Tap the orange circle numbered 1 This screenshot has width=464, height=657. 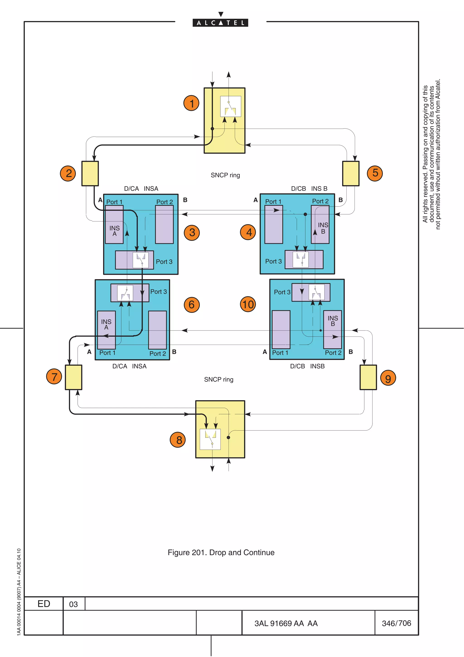pos(191,103)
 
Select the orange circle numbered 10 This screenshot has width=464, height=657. pos(248,304)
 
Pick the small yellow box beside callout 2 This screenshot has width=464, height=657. pos(90,173)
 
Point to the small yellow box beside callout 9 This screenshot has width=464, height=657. pos(368,377)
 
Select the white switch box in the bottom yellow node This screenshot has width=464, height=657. pos(210,439)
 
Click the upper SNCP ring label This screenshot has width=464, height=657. pos(225,175)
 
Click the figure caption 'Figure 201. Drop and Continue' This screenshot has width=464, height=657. pos(221,552)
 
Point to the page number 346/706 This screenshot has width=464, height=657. pos(396,623)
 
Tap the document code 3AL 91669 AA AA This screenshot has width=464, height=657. pos(286,623)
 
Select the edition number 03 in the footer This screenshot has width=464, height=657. pos(73,604)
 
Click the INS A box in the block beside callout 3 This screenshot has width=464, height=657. pos(114,225)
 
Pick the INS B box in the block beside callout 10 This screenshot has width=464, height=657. pos(333,329)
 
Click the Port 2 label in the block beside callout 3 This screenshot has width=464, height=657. pos(164,202)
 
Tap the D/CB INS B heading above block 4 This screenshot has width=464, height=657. pos(309,189)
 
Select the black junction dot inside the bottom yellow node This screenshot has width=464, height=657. pos(228,438)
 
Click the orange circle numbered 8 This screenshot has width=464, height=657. pos(178,440)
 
